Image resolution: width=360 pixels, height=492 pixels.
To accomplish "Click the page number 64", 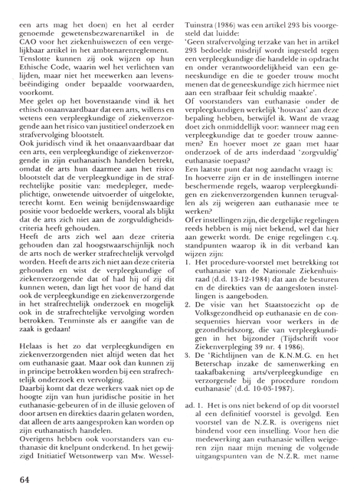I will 21,479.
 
